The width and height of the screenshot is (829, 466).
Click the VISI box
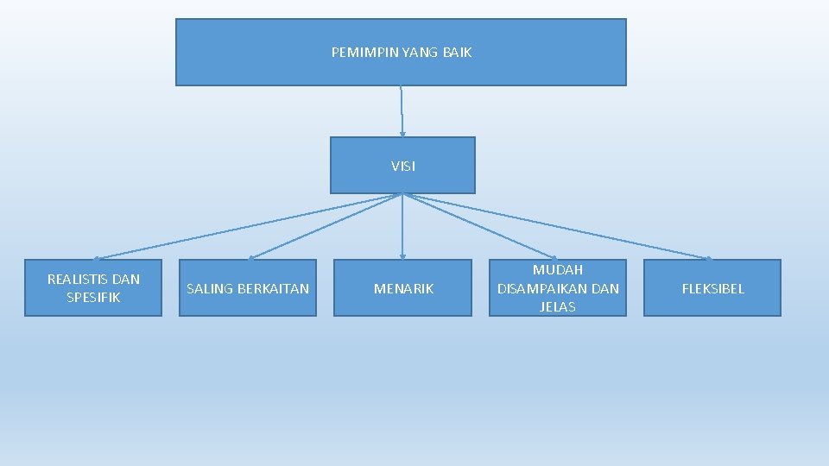tap(402, 166)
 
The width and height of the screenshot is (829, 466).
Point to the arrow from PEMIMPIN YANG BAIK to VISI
tap(402, 111)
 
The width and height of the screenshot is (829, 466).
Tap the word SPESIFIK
tap(93, 298)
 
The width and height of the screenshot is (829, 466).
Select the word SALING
tap(208, 288)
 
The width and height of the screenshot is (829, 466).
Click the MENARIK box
tap(403, 288)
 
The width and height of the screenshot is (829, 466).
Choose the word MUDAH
tap(558, 270)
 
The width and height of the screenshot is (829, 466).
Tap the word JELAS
tap(558, 306)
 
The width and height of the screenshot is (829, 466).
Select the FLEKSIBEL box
tap(712, 288)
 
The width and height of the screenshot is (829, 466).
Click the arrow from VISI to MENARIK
tap(402, 226)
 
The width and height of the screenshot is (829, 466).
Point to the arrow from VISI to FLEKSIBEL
tap(557, 226)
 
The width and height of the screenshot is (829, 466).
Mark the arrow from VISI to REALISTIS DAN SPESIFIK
tap(248, 226)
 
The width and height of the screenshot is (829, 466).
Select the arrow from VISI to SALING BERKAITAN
tap(326, 226)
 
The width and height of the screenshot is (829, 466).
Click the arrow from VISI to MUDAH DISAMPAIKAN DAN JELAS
tap(480, 226)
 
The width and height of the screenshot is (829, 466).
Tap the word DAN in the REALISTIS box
tap(126, 279)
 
